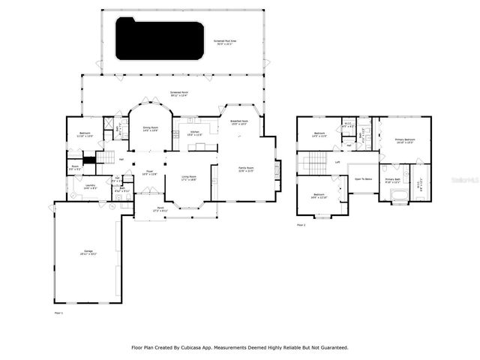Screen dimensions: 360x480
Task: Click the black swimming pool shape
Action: [x=159, y=40]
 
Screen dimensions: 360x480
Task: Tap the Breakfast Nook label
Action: [x=238, y=122]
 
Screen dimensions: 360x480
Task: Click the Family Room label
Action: [x=246, y=169]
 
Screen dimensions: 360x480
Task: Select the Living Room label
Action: [x=188, y=178]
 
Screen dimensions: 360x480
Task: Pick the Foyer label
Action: [x=149, y=172]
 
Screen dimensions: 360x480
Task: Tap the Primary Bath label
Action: [x=392, y=179]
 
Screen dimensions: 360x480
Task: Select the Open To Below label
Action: [x=363, y=179]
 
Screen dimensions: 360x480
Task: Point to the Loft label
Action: [x=337, y=162]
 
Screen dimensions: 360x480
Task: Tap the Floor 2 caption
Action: [x=301, y=225]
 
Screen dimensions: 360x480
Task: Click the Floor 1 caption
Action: [x=58, y=311]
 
